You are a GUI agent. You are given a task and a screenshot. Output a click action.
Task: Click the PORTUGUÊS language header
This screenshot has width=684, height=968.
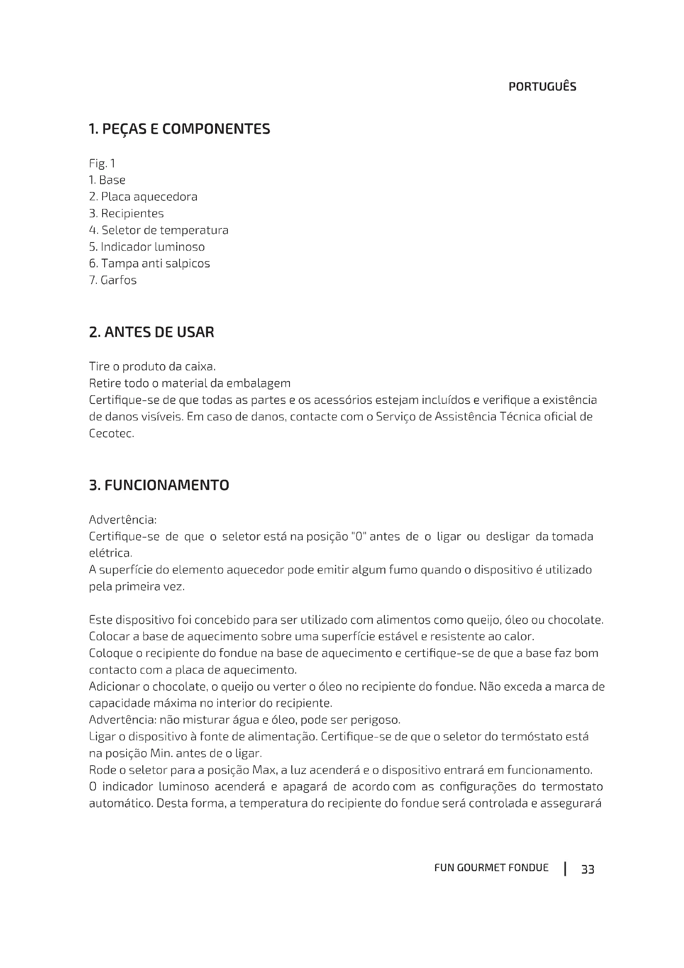[x=542, y=87]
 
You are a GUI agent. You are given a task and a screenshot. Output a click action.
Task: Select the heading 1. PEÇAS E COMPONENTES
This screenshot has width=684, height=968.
[x=179, y=129]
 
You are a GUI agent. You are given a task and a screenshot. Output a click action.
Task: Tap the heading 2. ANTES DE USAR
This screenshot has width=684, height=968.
[x=152, y=332]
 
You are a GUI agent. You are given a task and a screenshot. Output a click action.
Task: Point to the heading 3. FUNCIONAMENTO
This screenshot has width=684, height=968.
[x=159, y=485]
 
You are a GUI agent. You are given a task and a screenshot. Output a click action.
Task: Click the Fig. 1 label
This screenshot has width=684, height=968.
[x=102, y=163]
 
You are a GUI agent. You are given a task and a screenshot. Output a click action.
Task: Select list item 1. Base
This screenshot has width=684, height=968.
[x=107, y=180]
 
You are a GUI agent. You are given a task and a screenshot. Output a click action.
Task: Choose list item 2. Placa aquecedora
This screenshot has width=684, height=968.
[x=143, y=197]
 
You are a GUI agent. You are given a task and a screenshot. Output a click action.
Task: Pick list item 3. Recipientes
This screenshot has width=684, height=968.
[x=127, y=213]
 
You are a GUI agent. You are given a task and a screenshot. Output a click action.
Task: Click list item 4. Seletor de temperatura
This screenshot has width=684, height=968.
[x=159, y=230]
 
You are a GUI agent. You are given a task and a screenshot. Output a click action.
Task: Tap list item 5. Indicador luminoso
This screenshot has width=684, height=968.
[x=147, y=247]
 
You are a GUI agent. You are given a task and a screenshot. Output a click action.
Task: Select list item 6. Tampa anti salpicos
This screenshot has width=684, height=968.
[x=150, y=264]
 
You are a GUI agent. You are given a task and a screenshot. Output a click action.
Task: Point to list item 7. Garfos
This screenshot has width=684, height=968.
[x=113, y=280]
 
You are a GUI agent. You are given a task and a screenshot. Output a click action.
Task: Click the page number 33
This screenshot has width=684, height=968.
[x=588, y=870]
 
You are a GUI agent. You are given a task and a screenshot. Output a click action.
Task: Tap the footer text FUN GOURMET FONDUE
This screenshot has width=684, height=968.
[x=492, y=868]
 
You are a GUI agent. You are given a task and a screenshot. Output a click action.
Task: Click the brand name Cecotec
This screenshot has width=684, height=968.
[x=111, y=433]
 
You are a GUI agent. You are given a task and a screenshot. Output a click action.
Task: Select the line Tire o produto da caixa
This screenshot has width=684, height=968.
[x=153, y=366]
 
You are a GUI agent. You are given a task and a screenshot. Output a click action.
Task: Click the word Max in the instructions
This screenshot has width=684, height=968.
[x=263, y=770]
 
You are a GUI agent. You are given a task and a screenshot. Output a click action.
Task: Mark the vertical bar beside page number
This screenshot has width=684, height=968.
[x=565, y=869]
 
